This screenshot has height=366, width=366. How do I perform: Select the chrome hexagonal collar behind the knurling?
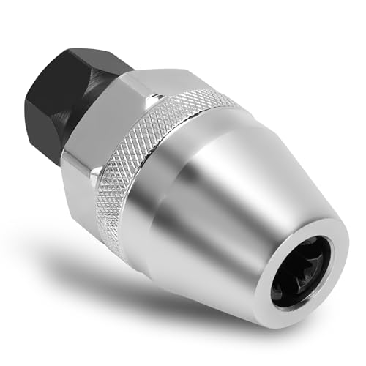[x=110, y=161]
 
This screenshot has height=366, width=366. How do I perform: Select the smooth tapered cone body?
[x=242, y=198]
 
